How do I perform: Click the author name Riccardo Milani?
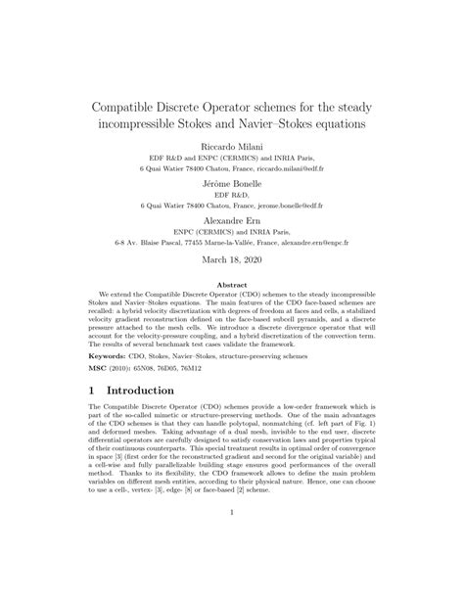(x=232, y=143)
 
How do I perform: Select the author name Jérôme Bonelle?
(x=232, y=183)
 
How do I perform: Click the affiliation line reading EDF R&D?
(x=232, y=195)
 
